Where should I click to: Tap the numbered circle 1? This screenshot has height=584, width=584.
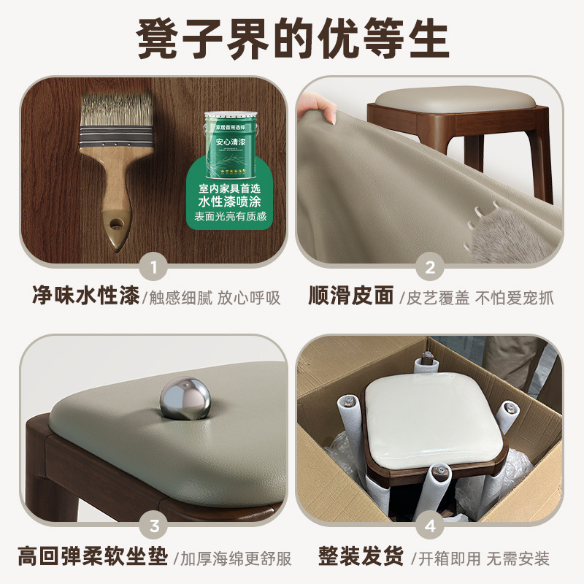[153, 266]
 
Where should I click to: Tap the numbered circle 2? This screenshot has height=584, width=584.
[430, 266]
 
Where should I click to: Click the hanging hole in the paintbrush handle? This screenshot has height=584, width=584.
[113, 220]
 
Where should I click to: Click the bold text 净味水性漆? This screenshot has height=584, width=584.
[85, 298]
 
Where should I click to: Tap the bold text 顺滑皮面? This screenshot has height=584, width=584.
[350, 298]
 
